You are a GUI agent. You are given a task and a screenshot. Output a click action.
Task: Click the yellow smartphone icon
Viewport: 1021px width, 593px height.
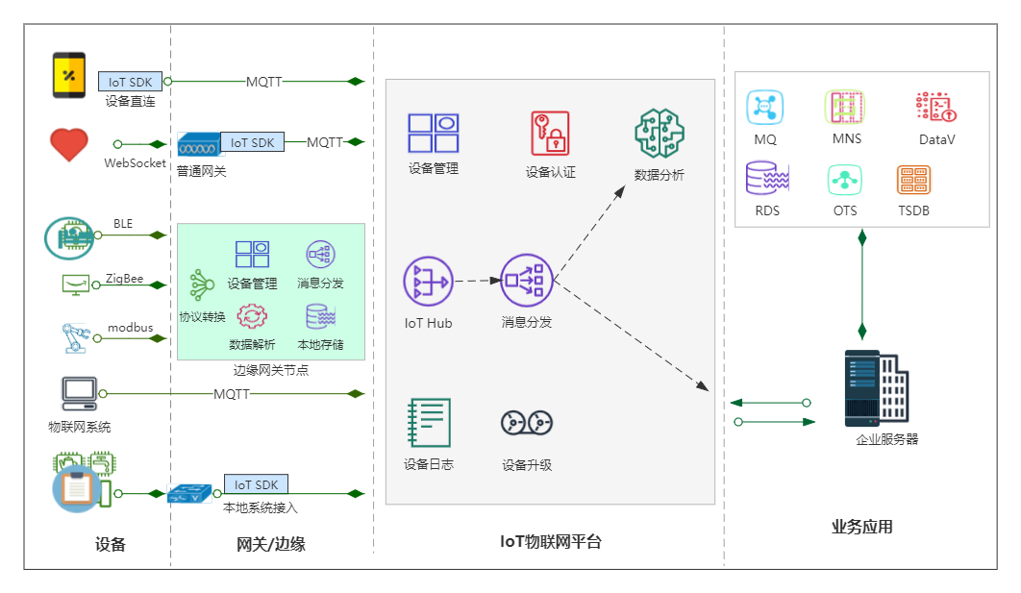point(68,76)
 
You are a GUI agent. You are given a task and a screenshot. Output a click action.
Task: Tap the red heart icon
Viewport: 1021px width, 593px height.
point(68,145)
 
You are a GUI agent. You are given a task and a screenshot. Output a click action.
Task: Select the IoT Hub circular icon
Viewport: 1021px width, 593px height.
point(428,282)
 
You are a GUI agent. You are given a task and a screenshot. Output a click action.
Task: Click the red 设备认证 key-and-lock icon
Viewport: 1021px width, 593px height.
point(550,134)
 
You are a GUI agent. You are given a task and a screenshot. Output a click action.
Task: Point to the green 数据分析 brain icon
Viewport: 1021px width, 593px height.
point(659,134)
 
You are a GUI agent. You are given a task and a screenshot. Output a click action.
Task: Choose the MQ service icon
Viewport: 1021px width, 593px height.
point(765,107)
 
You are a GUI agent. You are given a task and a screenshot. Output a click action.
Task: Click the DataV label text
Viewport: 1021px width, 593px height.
point(936,139)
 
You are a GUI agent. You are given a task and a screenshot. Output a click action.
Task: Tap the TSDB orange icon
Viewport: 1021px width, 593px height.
point(913,180)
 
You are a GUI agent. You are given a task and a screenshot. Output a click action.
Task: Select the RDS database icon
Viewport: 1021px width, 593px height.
point(766,180)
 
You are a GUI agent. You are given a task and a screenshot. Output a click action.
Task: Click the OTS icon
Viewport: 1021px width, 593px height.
point(845,180)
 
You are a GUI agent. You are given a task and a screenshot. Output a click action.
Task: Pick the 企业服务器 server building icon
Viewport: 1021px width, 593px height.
point(875,388)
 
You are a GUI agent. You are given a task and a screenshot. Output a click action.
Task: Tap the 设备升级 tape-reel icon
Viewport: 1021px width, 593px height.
point(527,423)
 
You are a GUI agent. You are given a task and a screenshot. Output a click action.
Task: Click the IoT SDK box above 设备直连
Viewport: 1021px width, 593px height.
point(130,82)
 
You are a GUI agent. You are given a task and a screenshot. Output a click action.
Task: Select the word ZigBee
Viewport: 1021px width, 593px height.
point(124,280)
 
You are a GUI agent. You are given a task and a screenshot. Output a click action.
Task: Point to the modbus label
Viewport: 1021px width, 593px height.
point(130,328)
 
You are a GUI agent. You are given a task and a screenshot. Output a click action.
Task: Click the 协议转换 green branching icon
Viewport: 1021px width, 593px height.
point(201,285)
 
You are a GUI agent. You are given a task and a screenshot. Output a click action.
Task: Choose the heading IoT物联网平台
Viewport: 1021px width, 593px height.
point(551,542)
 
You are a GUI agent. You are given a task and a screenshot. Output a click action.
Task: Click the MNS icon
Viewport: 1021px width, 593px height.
point(846,107)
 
